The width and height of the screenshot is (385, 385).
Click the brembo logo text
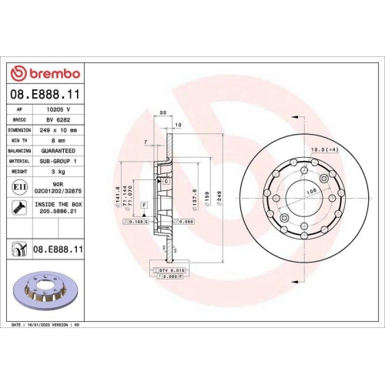[52, 73]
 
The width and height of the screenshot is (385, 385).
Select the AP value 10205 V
[59, 111]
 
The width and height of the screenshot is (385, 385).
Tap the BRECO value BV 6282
[59, 121]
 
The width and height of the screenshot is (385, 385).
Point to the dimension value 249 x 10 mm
[59, 131]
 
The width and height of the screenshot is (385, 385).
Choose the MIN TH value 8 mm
[59, 141]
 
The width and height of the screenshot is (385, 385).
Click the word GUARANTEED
[59, 151]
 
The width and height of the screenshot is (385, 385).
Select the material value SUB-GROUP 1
[59, 161]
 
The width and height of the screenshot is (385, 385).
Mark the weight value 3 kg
[59, 171]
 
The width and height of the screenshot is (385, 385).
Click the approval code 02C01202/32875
[59, 192]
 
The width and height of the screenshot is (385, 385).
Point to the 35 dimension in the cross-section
[162, 113]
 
